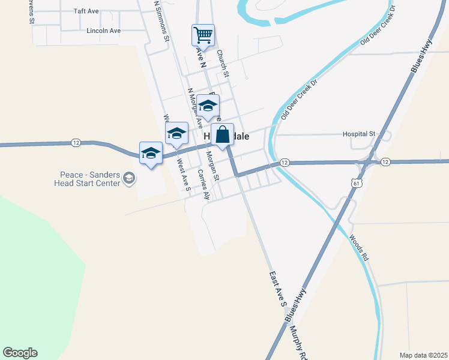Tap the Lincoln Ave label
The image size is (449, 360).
point(104,31)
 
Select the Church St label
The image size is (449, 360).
point(223,63)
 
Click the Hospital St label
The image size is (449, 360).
point(358,134)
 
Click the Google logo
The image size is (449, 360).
point(20,353)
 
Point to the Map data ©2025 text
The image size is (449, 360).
point(423,355)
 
